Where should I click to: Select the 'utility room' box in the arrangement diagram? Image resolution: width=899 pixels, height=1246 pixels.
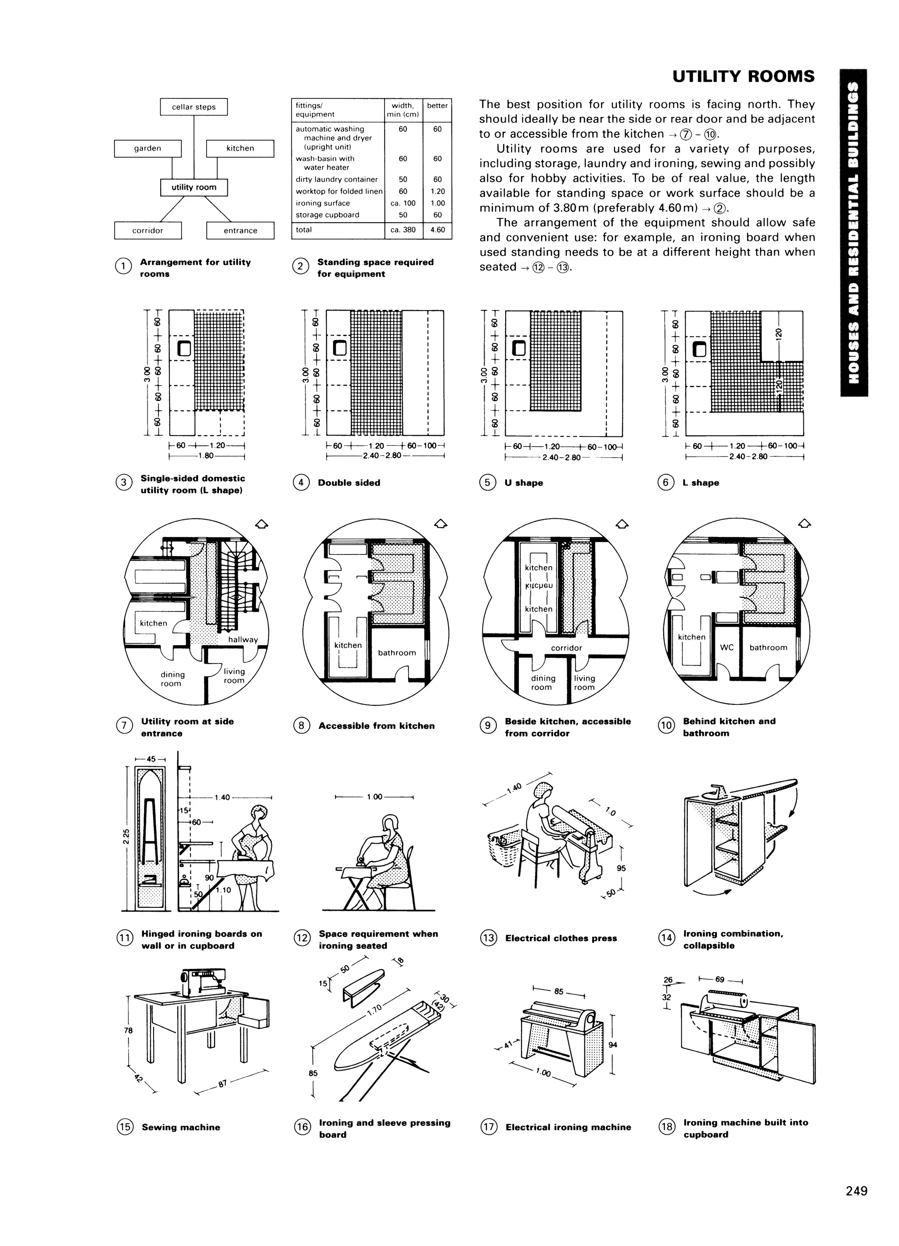click(194, 188)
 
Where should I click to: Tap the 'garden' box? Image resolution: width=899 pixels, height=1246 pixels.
click(148, 148)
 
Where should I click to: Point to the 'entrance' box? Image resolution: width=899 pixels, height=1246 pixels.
click(240, 231)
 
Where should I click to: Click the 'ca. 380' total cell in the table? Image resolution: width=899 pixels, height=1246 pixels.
click(403, 230)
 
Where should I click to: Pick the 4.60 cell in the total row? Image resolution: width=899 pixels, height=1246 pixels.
click(437, 230)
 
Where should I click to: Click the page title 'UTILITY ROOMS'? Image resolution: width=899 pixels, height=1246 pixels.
click(743, 76)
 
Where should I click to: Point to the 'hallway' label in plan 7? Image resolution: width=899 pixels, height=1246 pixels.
click(243, 639)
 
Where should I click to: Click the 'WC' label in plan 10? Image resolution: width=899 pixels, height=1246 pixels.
click(726, 647)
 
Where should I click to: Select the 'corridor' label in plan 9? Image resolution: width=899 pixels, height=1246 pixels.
click(566, 648)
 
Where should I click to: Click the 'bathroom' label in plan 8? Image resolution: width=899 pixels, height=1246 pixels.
click(396, 653)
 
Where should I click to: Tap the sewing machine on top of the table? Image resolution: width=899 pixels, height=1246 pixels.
click(203, 982)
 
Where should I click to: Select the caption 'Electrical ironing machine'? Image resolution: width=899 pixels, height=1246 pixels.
click(568, 1127)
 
